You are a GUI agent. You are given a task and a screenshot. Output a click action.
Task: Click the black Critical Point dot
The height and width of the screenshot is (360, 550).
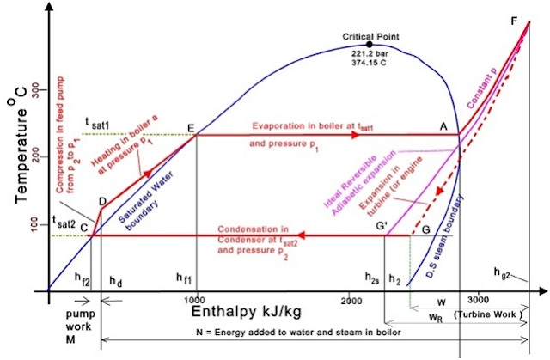click(x=370, y=44)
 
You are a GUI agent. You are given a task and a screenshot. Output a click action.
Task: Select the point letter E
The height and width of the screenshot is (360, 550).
click(x=191, y=128)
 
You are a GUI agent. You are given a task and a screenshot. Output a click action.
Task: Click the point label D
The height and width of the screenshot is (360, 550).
click(x=101, y=202)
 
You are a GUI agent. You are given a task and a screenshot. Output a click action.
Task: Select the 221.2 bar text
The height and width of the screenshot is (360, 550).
click(x=370, y=54)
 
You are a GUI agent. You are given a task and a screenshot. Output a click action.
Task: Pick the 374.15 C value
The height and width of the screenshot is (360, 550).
click(x=370, y=64)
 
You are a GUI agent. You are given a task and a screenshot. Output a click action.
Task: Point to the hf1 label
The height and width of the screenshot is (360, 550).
click(x=184, y=278)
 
